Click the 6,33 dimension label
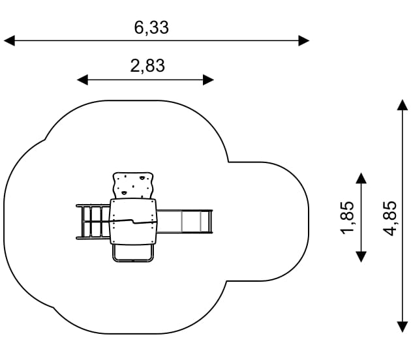coord(151,27)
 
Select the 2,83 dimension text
coord(147,66)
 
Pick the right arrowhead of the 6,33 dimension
coord(303,40)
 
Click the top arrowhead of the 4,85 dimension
coord(403,104)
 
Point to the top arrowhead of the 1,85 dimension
coord(361,178)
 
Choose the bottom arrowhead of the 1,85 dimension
coord(361,256)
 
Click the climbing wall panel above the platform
coord(134,185)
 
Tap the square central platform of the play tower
coord(134,221)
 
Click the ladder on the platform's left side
coord(93,222)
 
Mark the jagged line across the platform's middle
coord(134,221)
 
